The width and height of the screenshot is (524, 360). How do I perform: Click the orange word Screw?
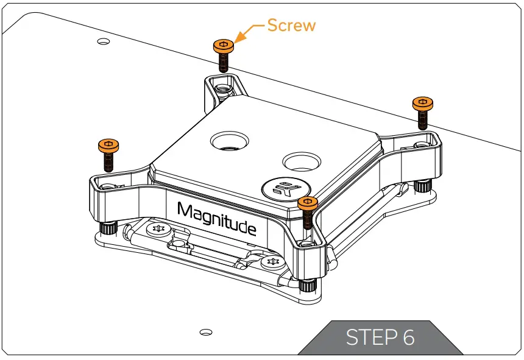point(292,26)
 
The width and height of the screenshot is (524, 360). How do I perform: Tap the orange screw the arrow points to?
point(223,52)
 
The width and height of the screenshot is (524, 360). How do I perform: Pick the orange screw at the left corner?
point(108,152)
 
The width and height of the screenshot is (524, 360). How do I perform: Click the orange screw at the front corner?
point(308,210)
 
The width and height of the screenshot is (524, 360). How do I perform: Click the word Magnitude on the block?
point(216,219)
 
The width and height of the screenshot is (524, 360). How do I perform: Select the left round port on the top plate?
point(229,141)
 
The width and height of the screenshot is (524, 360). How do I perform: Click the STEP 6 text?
point(381,337)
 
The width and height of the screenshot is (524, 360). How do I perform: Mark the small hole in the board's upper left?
point(104,41)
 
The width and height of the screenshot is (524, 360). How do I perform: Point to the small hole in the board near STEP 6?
point(206,332)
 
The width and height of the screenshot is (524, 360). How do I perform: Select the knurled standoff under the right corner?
point(420,185)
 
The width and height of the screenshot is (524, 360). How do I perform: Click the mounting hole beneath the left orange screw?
point(108,185)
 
